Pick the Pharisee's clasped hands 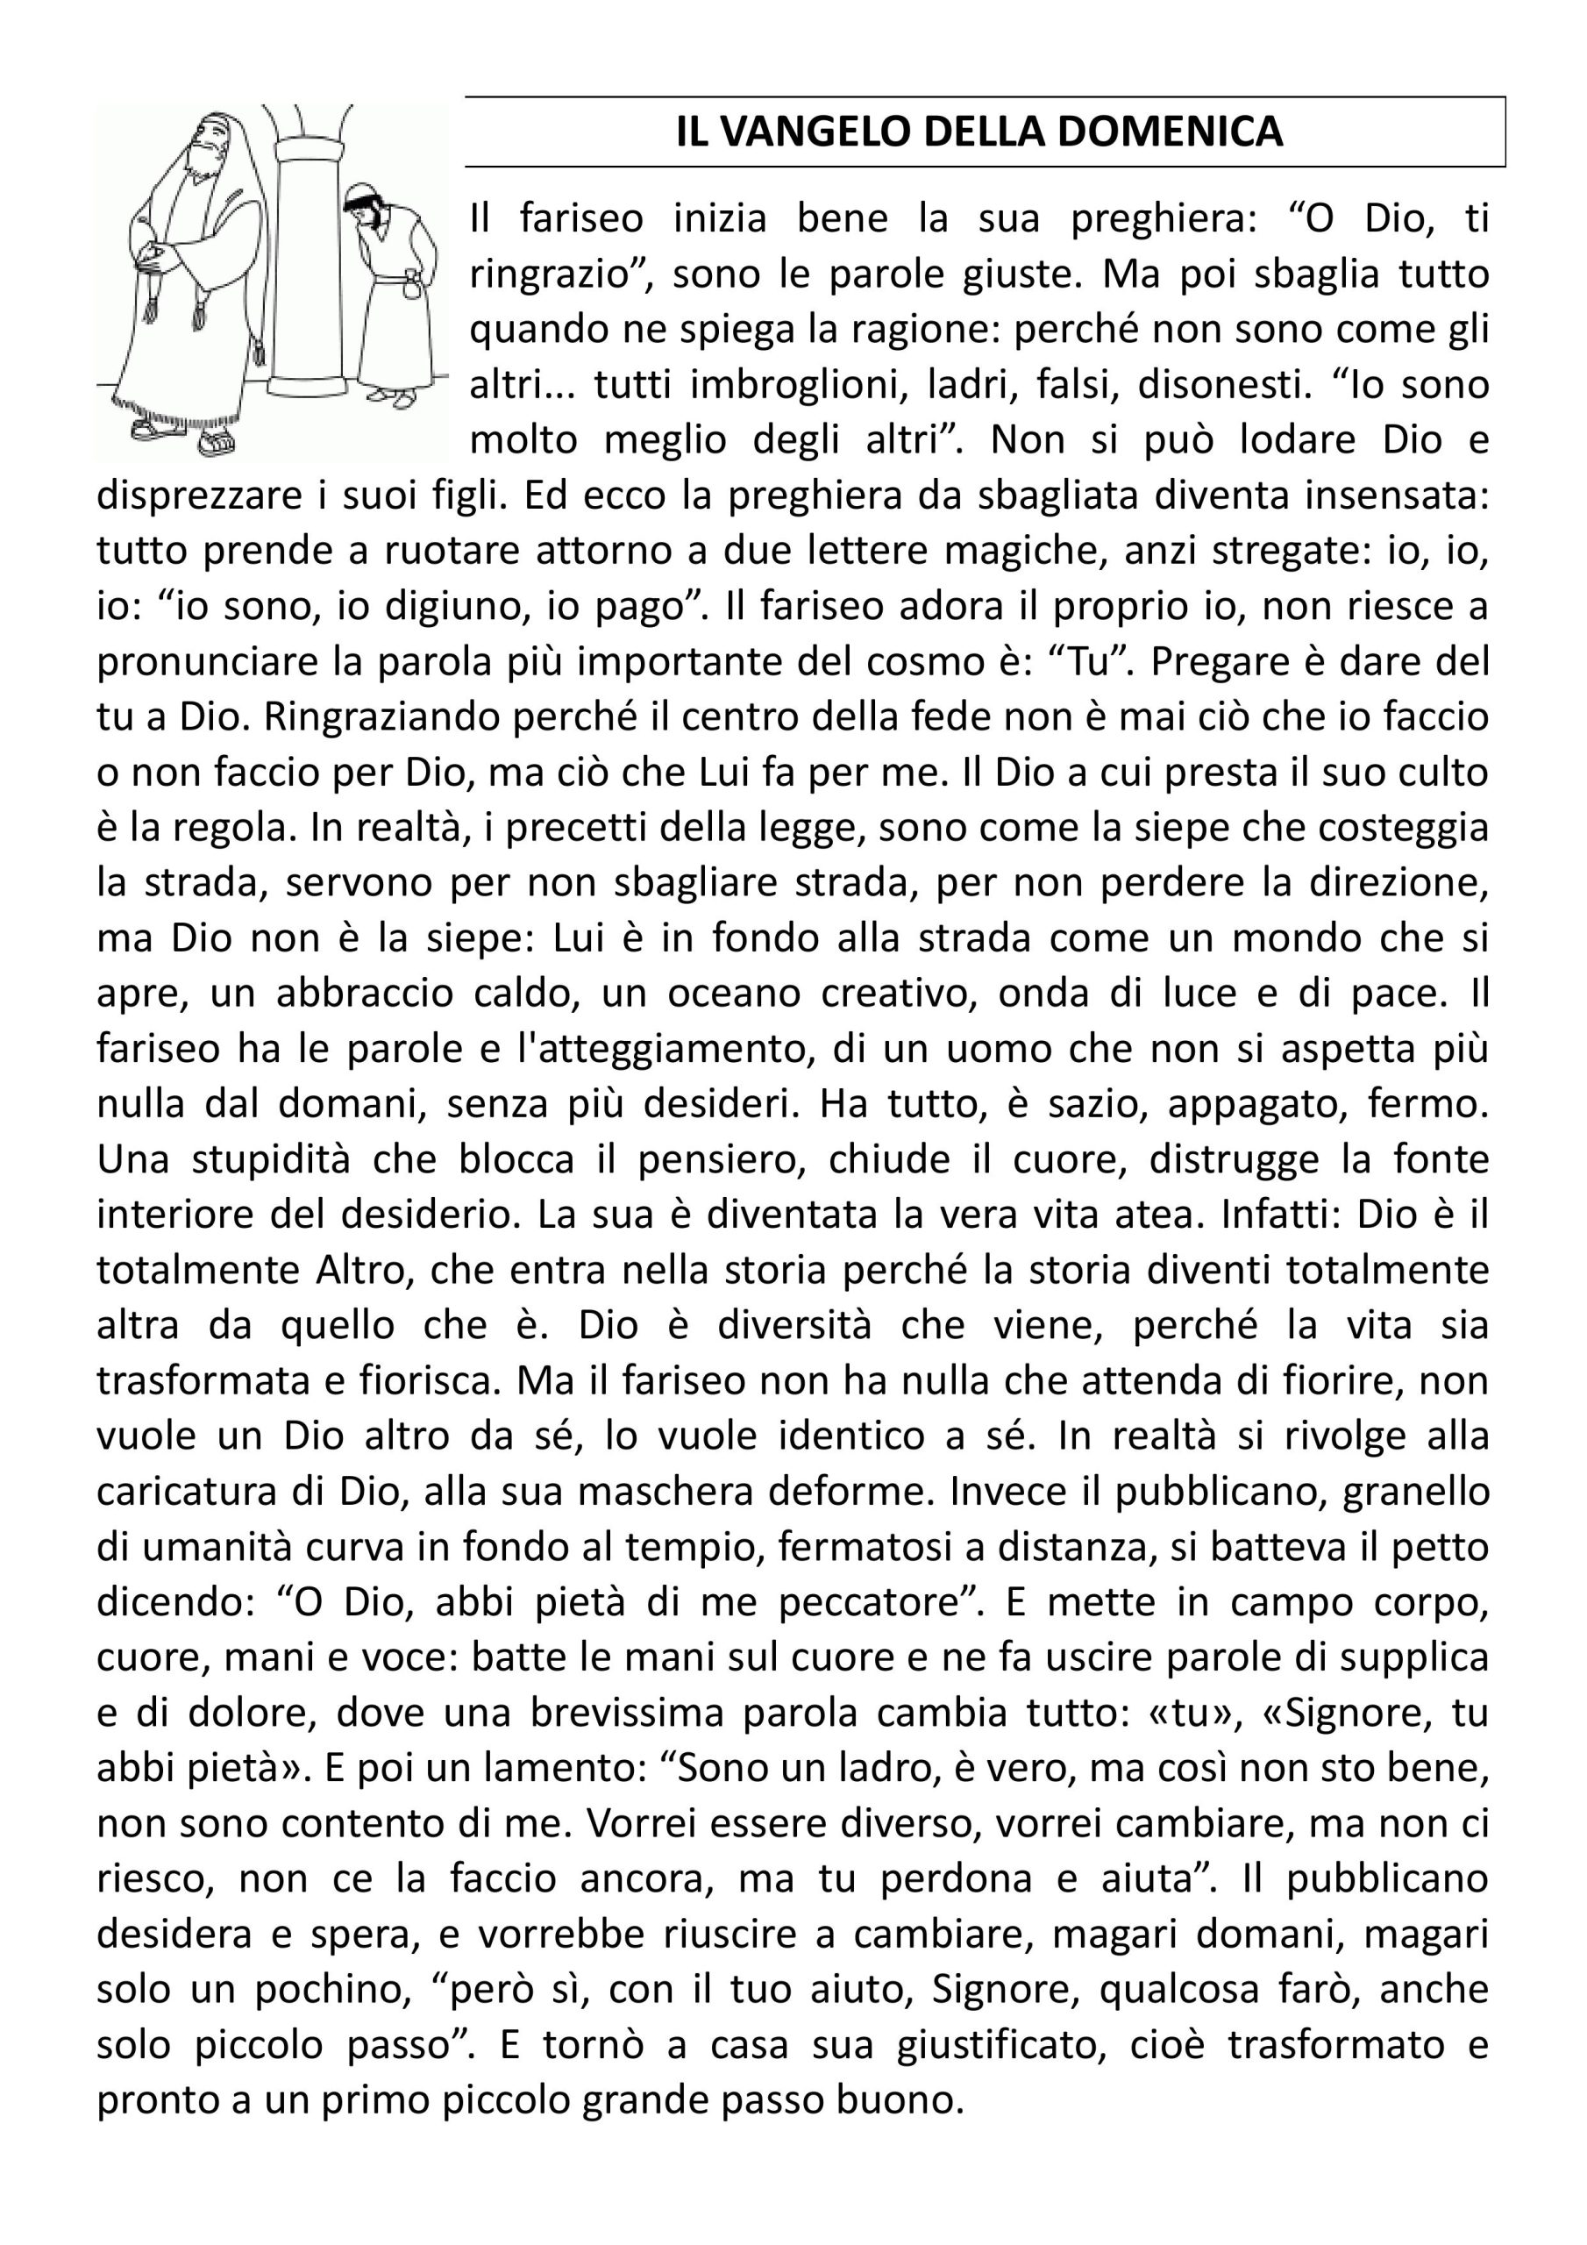click(156, 256)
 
